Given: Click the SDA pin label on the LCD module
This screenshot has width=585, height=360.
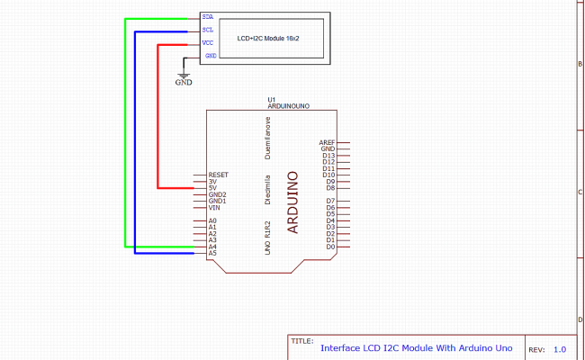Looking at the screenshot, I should click(208, 17).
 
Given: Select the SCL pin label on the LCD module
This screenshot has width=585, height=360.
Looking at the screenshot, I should click(208, 30).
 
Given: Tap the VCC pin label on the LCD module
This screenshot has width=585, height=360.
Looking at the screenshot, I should click(208, 42).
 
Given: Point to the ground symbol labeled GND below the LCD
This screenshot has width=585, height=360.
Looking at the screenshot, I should click(184, 77).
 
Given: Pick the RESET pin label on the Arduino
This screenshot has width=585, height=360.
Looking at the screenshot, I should click(218, 175).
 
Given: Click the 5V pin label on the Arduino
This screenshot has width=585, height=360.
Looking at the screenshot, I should click(212, 188).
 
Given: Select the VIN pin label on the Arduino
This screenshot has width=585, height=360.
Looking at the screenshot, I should click(214, 208).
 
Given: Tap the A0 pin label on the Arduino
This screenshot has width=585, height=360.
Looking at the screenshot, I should click(212, 220).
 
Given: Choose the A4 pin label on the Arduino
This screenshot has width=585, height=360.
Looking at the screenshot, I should click(212, 247).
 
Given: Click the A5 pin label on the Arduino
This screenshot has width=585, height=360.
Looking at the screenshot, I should click(212, 253).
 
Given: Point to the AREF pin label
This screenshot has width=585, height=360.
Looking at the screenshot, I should click(327, 142).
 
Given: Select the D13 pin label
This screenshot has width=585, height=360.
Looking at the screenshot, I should click(329, 156).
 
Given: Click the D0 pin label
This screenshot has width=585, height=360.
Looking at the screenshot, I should click(330, 247).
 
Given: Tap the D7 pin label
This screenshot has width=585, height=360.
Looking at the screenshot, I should click(330, 201).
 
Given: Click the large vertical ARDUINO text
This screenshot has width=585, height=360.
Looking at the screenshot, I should click(292, 202).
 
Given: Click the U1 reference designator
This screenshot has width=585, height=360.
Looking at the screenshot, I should click(272, 98).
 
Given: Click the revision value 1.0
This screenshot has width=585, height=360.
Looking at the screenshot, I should click(560, 349).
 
